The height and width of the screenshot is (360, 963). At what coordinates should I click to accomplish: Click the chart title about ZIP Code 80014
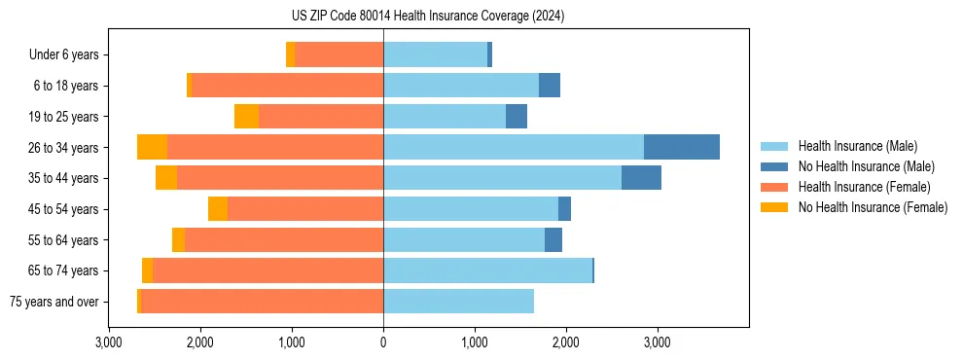428,17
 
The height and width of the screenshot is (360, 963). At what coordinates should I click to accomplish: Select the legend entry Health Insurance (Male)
857,146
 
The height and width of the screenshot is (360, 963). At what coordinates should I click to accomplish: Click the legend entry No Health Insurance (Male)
866,166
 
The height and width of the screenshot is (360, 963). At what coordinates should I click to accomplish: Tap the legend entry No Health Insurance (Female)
873,207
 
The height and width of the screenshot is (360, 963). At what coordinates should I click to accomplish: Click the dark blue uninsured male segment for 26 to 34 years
681,147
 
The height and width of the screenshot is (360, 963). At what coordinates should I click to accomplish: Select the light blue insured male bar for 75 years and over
458,302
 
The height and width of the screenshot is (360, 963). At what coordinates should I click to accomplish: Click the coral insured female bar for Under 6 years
339,54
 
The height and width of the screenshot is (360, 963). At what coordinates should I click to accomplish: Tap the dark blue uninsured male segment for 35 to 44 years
641,178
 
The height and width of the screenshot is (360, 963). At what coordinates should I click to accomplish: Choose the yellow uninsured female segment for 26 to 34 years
152,147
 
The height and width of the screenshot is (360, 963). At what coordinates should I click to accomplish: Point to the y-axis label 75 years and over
53,302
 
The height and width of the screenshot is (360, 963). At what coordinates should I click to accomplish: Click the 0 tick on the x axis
383,342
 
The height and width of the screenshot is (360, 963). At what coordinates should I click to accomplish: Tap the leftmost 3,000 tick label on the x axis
109,342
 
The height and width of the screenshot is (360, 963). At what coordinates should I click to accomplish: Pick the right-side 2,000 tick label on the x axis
566,342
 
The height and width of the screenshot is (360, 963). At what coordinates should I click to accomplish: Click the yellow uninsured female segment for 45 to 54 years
218,209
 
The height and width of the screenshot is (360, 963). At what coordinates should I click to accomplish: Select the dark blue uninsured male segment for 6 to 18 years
549,86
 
